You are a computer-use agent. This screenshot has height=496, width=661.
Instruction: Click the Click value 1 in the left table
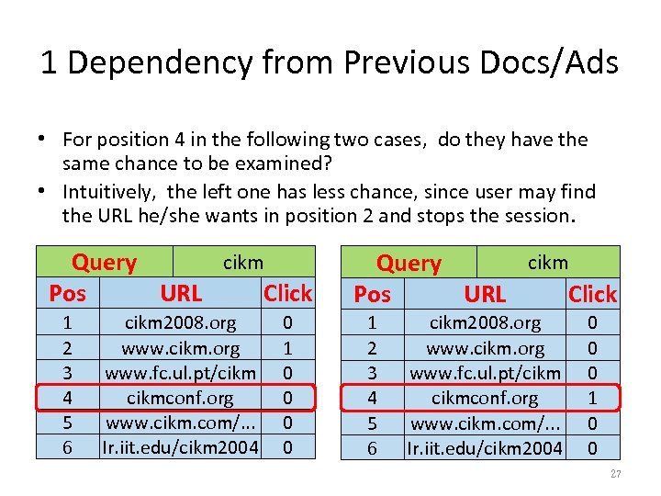tap(287, 348)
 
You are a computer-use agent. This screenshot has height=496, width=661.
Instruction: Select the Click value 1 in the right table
tap(592, 399)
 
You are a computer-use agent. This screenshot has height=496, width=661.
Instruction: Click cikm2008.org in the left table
tap(180, 323)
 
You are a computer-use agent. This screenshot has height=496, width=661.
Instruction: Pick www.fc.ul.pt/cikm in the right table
tap(485, 373)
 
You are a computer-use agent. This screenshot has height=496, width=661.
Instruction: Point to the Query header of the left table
tap(104, 263)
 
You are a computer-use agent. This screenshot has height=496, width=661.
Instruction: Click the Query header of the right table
tap(409, 264)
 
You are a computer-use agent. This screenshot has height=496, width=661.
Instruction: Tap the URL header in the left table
tap(181, 293)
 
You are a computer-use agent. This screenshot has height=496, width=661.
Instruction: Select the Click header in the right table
tap(592, 294)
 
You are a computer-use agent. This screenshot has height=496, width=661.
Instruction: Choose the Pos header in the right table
tap(372, 294)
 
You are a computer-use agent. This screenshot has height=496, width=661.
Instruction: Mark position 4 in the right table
tap(372, 399)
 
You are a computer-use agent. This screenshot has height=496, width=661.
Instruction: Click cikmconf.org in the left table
tap(180, 398)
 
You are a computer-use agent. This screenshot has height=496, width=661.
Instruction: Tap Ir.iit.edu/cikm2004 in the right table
tap(485, 448)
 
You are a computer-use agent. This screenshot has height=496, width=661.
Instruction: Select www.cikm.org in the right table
tap(485, 348)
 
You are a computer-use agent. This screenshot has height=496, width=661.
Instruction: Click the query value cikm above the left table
tap(243, 263)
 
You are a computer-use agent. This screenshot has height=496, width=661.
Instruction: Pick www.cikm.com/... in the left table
tap(180, 423)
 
